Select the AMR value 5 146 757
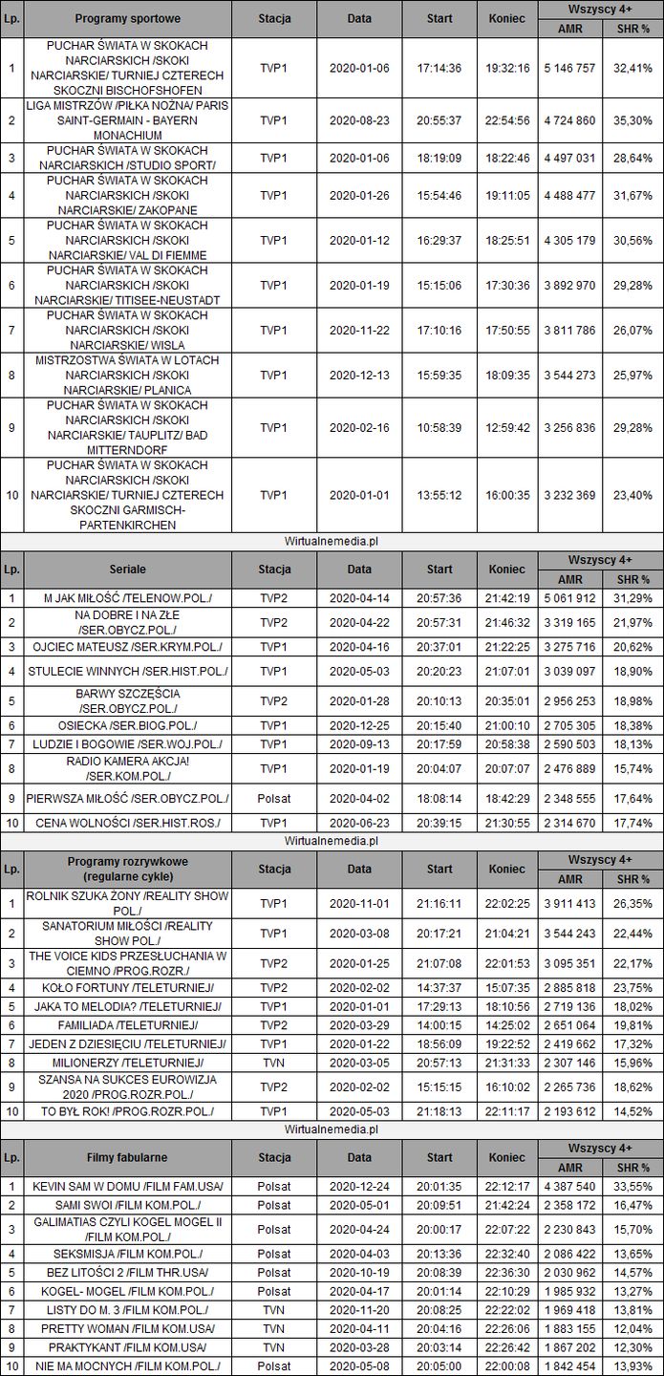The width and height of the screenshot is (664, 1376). pyautogui.click(x=568, y=68)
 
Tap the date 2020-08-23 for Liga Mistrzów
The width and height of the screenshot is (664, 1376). pyautogui.click(x=359, y=120)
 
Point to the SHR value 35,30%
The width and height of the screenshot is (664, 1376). pyautogui.click(x=632, y=120)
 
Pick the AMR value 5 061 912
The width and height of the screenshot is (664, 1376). pyautogui.click(x=568, y=598)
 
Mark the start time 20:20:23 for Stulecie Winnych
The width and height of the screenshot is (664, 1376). pyautogui.click(x=439, y=672)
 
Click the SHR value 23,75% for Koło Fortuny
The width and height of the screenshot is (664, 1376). pyautogui.click(x=632, y=987)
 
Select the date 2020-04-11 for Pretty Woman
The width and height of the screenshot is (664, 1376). pyautogui.click(x=359, y=1327)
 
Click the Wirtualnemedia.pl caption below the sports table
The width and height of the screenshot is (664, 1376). pyautogui.click(x=332, y=541)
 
